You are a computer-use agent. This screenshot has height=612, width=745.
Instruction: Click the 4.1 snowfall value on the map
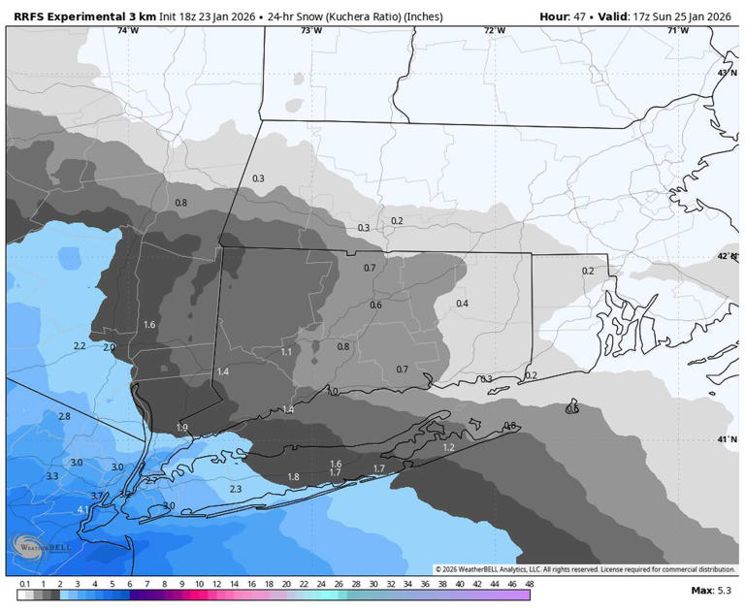83,509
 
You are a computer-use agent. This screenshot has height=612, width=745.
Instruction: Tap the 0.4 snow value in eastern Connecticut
462,304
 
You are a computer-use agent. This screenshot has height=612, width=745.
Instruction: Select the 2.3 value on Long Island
235,490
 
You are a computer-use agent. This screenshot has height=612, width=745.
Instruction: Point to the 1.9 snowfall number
182,428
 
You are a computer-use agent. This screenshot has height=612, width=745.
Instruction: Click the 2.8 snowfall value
64,416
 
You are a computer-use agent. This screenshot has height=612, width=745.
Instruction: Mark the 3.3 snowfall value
51,476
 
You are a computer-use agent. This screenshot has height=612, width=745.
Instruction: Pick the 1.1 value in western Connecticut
286,352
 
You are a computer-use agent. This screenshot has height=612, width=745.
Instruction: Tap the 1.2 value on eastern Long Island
448,447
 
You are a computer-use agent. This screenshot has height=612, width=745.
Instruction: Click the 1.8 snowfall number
293,476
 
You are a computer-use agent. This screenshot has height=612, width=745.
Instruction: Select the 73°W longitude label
310,31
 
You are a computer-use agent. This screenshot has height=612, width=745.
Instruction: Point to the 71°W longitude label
678,31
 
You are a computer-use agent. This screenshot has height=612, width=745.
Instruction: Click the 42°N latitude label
726,257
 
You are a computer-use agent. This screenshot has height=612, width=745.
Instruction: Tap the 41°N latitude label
726,440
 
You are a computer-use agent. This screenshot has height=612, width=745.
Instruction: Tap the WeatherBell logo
39,548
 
